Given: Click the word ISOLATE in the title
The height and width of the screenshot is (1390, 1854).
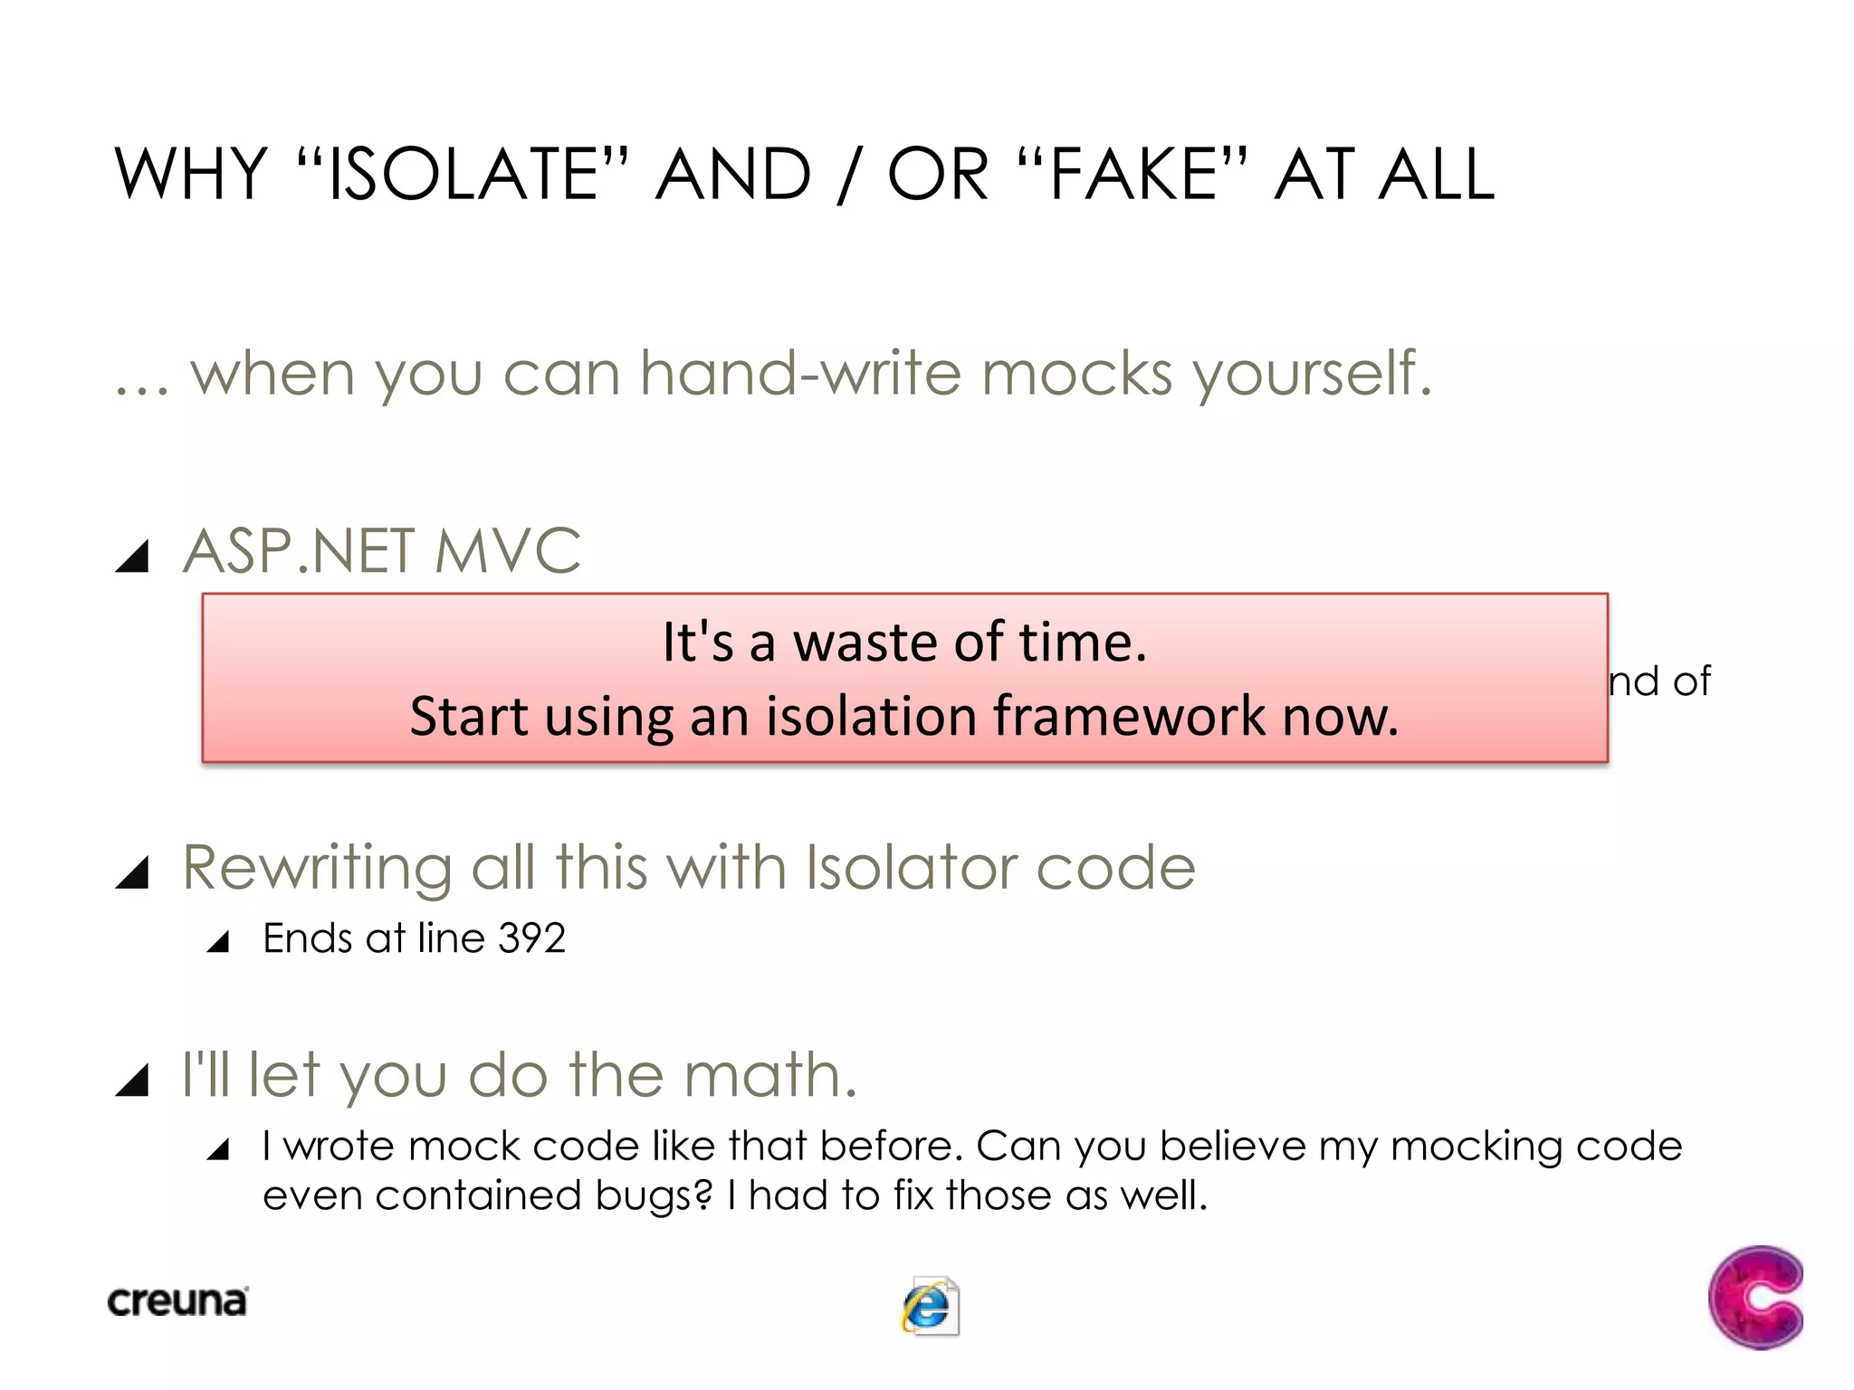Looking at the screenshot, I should (462, 174).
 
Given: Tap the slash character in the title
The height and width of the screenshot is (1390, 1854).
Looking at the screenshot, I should (847, 176).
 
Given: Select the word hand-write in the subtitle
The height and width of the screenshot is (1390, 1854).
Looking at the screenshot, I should (799, 373).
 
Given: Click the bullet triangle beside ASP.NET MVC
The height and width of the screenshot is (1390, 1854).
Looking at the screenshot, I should (132, 556).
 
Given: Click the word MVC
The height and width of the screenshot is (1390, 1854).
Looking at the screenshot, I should (507, 551).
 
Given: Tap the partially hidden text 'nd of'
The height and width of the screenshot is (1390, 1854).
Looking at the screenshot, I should (1659, 681).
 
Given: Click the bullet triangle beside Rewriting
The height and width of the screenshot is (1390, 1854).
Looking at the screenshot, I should (132, 872).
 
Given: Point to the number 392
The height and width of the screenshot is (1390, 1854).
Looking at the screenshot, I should (531, 938).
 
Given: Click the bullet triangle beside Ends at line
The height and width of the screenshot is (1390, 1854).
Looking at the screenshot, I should (218, 943).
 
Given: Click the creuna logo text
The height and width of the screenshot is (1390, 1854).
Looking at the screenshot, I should (177, 1301).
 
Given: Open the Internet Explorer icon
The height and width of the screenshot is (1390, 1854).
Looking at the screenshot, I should (930, 1306).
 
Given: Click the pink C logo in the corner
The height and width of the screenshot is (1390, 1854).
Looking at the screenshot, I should (1755, 1297).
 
